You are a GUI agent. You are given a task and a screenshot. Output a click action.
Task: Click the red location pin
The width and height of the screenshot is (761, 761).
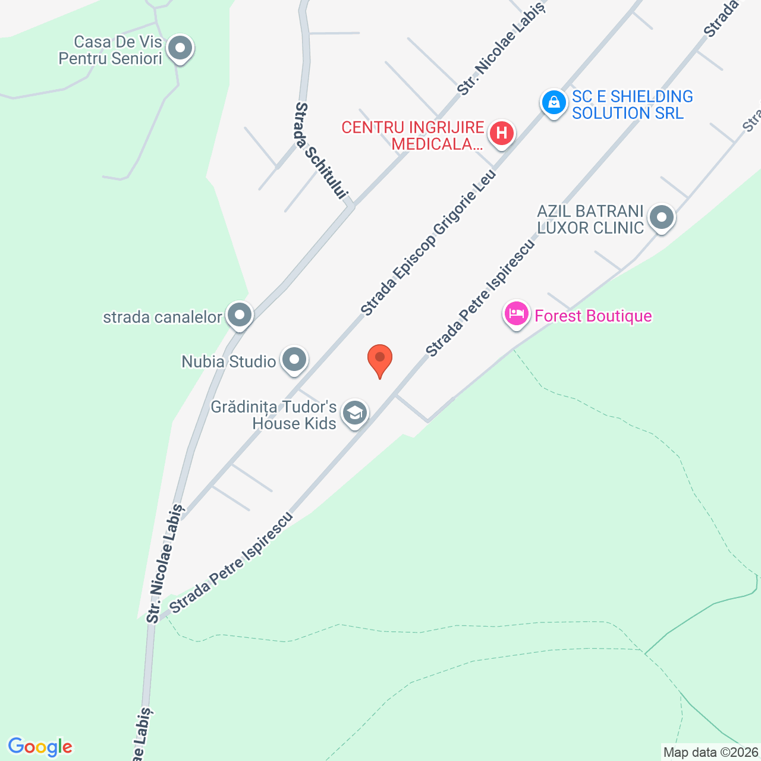(380, 359)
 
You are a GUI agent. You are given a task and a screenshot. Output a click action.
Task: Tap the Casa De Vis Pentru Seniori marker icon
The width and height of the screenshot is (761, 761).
(180, 49)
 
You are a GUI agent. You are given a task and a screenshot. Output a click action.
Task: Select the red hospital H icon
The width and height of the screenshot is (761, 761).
(502, 133)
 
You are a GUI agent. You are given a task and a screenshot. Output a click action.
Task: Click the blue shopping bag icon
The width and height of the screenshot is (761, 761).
(554, 103)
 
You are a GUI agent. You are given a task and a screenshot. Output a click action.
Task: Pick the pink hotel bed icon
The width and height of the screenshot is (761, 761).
(517, 313)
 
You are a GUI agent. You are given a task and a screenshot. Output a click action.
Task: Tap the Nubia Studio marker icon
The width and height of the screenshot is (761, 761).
(294, 359)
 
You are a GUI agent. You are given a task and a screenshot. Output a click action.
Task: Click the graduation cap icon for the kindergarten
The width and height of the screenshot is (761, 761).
(355, 412)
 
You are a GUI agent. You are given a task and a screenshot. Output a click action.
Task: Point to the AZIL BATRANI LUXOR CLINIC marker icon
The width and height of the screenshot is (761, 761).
(661, 218)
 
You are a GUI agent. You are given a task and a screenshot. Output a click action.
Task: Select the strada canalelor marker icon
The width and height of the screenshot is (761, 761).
(240, 315)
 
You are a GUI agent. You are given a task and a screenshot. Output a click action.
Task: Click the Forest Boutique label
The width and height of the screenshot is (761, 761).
(593, 316)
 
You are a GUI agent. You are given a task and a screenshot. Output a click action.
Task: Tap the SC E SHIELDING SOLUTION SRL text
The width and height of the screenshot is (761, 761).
(632, 105)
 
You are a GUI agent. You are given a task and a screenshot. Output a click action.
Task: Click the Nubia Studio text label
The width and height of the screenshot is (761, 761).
(229, 361)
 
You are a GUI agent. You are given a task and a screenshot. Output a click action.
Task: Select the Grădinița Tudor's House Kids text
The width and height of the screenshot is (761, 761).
(274, 415)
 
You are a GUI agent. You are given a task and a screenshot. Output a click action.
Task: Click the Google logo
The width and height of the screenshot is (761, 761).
(40, 747)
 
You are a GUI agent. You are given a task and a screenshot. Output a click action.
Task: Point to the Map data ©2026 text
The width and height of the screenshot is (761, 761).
(710, 753)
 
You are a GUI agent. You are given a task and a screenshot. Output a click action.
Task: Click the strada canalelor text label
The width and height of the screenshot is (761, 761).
(162, 317)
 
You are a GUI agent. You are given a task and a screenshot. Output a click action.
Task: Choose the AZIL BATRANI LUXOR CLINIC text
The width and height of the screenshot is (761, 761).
(590, 219)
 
